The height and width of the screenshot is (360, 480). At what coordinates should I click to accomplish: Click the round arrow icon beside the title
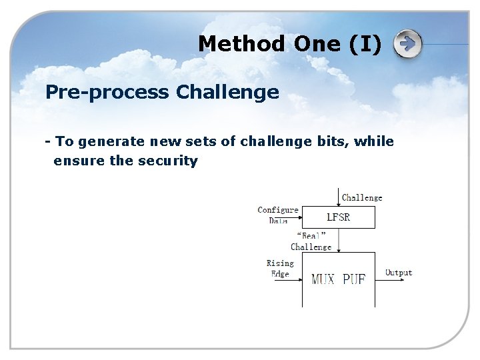(407, 45)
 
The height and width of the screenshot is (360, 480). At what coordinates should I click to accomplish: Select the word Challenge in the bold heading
(227, 92)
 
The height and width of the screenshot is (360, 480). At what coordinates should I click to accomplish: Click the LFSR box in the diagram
(339, 217)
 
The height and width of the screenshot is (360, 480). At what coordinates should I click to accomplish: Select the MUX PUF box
(339, 279)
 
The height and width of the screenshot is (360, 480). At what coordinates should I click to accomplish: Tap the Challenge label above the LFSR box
(362, 197)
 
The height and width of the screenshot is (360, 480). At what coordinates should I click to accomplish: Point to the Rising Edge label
(280, 268)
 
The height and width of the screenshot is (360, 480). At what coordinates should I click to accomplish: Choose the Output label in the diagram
(399, 273)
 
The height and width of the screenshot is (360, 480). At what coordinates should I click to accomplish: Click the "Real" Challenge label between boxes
(311, 241)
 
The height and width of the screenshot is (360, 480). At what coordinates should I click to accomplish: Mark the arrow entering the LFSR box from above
(339, 197)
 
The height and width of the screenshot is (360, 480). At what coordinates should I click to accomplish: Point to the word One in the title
(315, 44)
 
